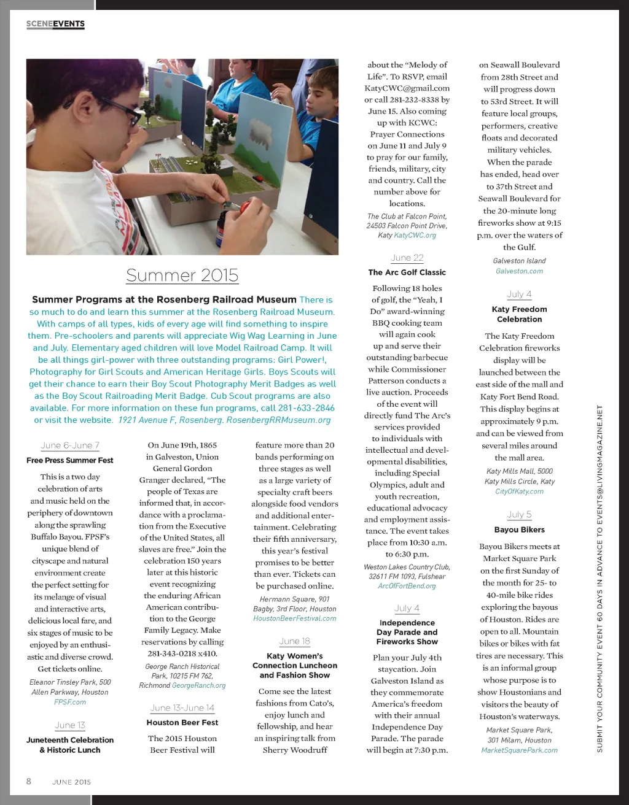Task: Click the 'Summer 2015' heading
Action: [182, 275]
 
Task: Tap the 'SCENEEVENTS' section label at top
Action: [55, 24]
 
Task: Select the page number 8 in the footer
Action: [28, 781]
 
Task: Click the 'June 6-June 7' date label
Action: [70, 445]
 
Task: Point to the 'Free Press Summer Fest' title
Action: [70, 460]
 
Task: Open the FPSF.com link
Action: [70, 702]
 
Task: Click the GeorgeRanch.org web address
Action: [199, 685]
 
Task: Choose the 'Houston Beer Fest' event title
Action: [182, 723]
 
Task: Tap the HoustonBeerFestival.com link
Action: [295, 618]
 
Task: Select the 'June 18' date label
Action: [295, 641]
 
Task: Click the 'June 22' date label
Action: [407, 258]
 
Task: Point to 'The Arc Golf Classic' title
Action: [407, 272]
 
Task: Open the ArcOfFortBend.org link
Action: [407, 586]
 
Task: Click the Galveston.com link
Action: [519, 271]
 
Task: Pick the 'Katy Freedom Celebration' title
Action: [520, 314]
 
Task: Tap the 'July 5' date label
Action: [520, 515]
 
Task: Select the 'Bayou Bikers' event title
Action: [520, 530]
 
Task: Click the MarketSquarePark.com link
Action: [520, 750]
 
